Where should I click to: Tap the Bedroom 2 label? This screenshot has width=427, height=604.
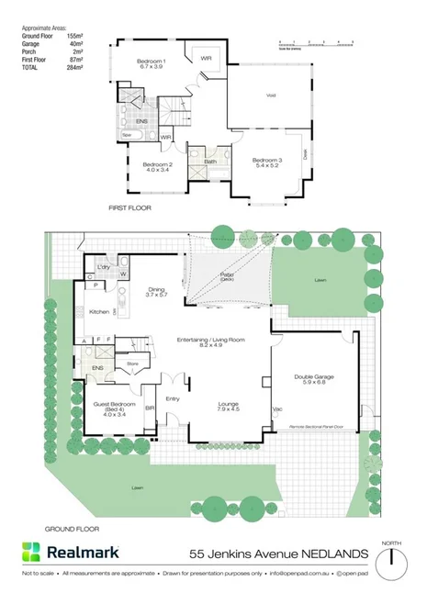pos(157,165)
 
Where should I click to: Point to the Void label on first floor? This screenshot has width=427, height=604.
pos(271,95)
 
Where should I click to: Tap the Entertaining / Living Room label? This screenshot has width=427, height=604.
pos(211,340)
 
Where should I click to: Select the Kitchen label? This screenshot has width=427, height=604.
pos(100,312)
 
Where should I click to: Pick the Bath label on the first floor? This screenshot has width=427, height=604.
pos(210,162)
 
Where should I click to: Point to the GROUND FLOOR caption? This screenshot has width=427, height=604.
pos(71,530)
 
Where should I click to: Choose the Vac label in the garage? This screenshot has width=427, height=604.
pos(276,409)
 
